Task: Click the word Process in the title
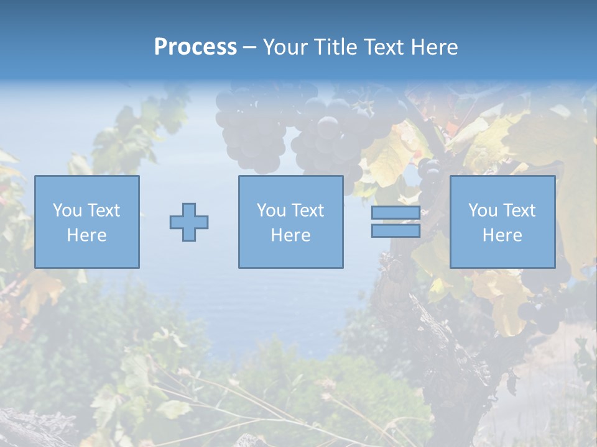click(195, 47)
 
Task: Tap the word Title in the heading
click(335, 47)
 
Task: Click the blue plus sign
click(189, 222)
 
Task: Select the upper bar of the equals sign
click(396, 212)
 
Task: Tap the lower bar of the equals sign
click(396, 231)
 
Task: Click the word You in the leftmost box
click(67, 210)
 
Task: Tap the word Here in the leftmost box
click(86, 235)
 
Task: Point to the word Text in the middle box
click(308, 210)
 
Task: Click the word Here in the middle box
click(290, 235)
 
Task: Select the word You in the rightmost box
click(483, 210)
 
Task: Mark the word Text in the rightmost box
click(519, 210)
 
